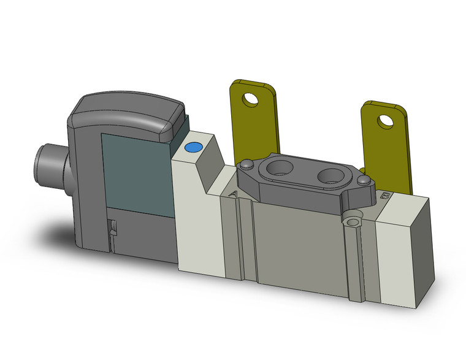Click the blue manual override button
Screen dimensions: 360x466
pyautogui.click(x=194, y=148)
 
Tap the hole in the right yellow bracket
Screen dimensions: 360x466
pyautogui.click(x=385, y=121)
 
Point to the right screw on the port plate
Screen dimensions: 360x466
pyautogui.click(x=365, y=180)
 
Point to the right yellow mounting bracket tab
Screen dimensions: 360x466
pyautogui.click(x=383, y=141)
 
